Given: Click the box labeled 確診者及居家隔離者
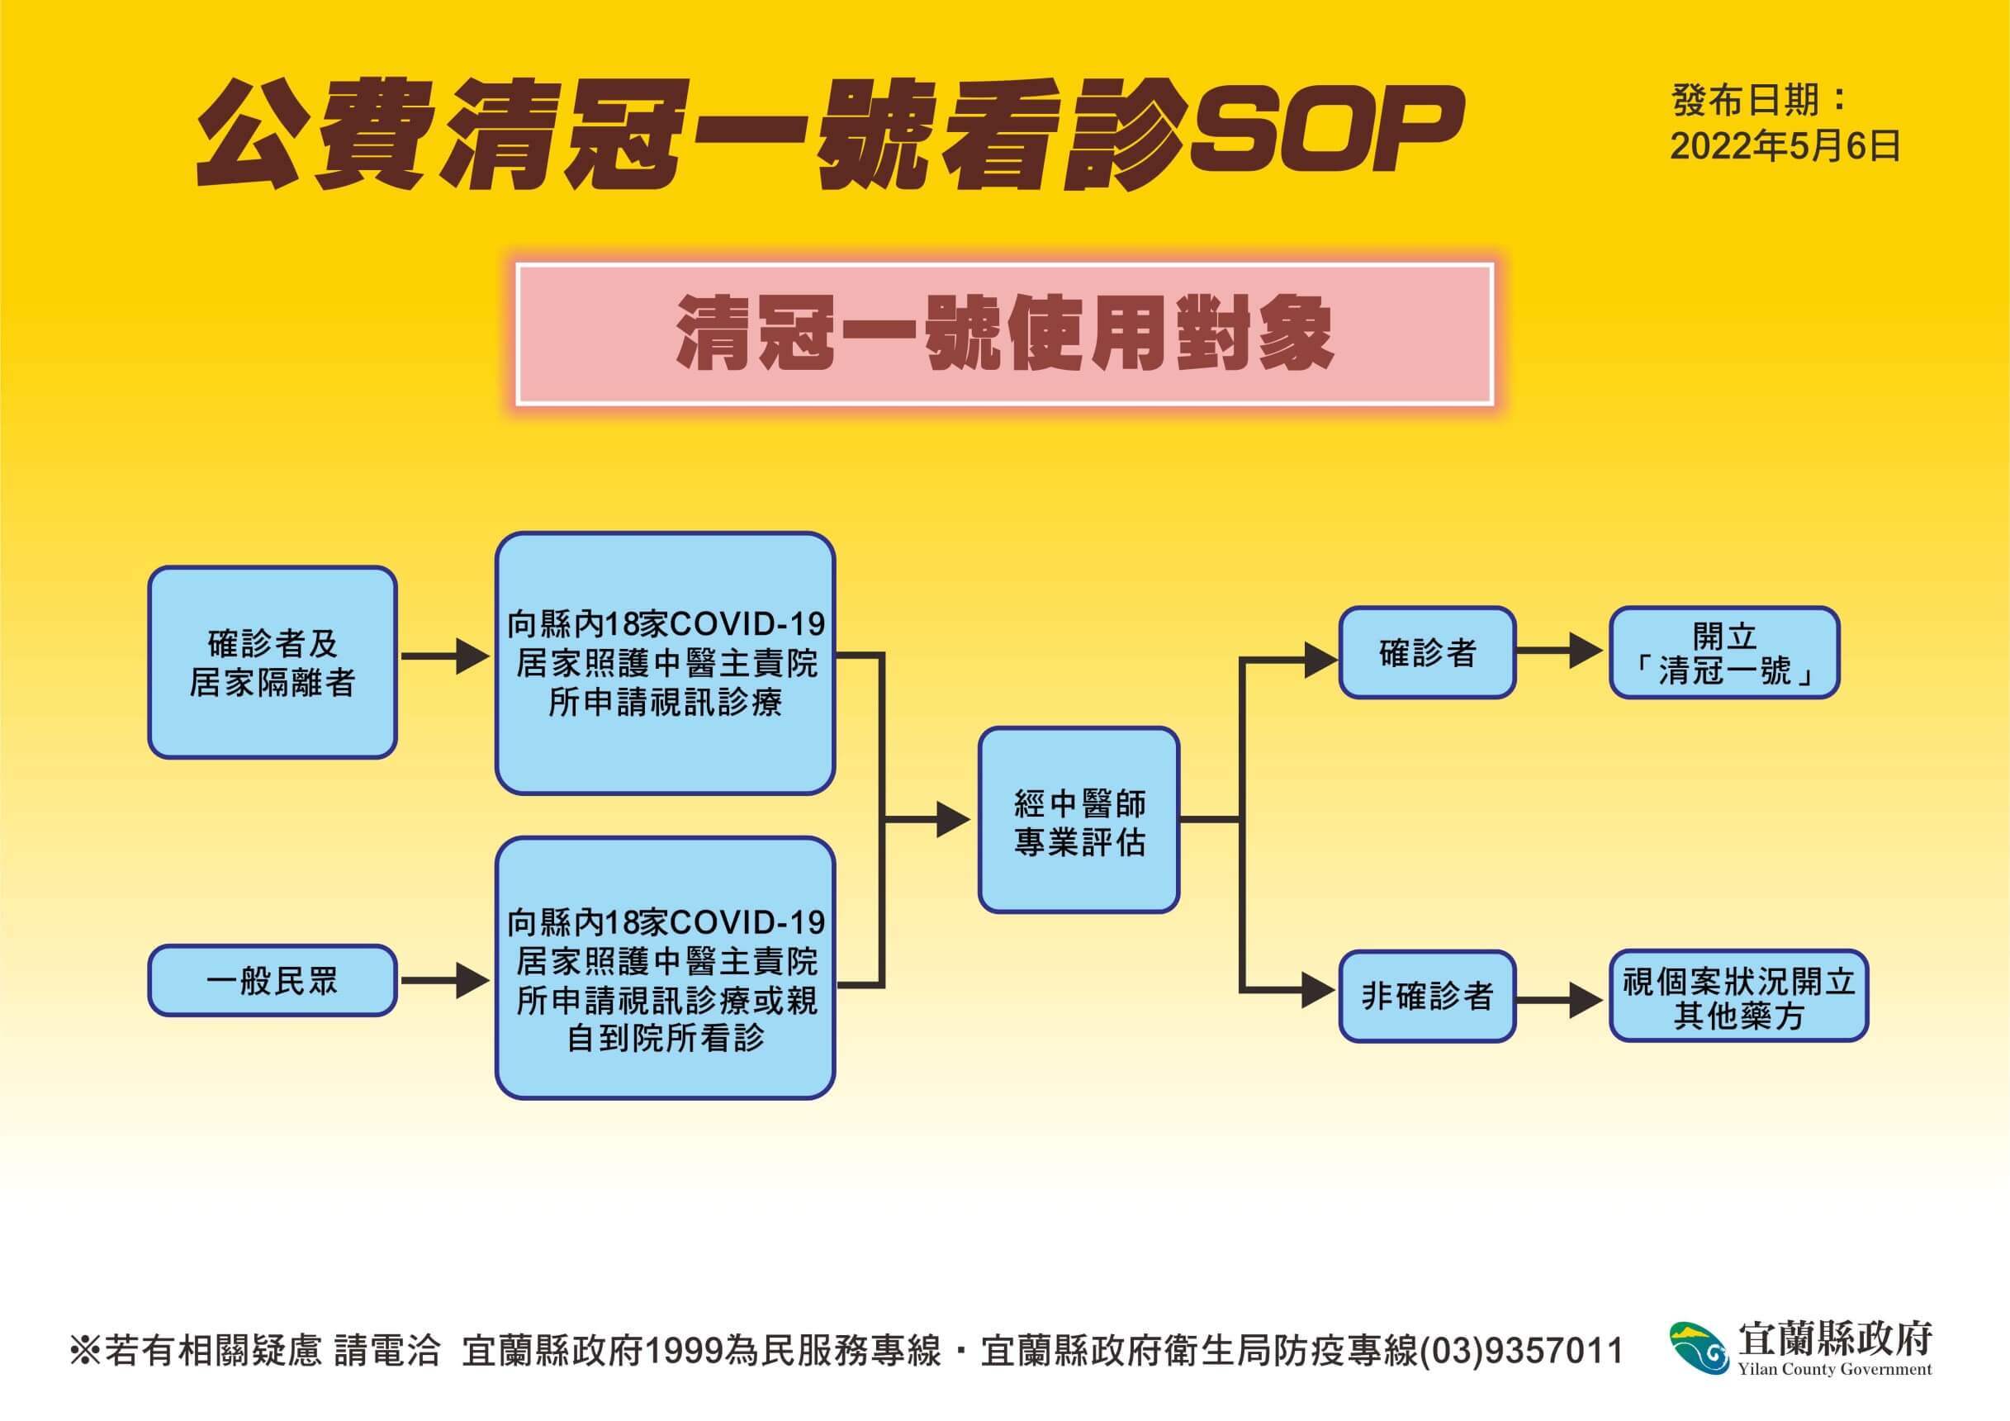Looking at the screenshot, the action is [x=273, y=662].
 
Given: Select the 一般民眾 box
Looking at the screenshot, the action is [x=273, y=980].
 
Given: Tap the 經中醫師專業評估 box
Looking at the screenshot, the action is [x=1078, y=821].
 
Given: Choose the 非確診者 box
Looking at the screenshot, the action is [x=1427, y=997].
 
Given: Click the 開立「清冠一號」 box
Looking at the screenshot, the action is [x=1723, y=652].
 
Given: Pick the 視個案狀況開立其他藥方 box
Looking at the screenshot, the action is [x=1738, y=997].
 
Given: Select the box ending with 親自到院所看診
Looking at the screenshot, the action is [x=666, y=968].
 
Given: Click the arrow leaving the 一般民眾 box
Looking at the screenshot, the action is [x=445, y=981].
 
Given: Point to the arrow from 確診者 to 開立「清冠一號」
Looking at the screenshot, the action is [x=1560, y=651].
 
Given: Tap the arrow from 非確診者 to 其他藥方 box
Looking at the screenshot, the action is [x=1560, y=999].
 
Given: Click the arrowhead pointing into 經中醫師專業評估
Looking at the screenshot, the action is [x=953, y=821].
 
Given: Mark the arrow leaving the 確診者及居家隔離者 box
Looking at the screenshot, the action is [x=445, y=656].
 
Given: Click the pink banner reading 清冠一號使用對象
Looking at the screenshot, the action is [x=1004, y=334].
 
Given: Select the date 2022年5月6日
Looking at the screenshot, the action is [x=1786, y=146].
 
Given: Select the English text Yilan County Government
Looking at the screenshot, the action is [x=1835, y=1369].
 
